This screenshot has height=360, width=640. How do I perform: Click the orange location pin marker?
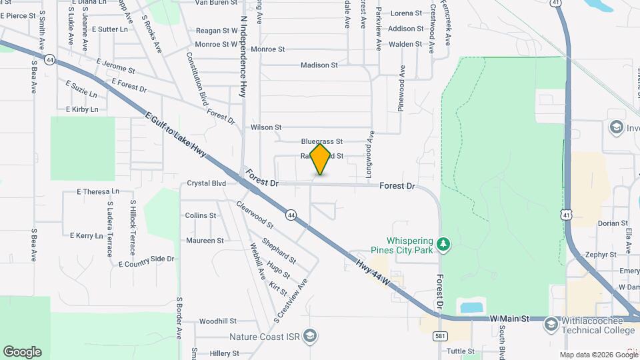pos(321,159)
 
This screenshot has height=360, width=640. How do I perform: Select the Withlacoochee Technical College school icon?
pos(551,324)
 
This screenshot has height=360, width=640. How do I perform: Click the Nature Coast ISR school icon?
pos(309,336)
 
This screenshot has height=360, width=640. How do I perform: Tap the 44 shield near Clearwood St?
pos(291,215)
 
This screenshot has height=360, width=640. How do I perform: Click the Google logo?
pos(22,351)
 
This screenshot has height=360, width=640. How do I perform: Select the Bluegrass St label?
pos(321,141)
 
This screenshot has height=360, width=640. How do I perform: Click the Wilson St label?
pos(266,127)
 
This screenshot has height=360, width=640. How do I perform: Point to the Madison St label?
pos(319,65)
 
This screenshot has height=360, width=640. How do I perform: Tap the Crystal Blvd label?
pos(207,183)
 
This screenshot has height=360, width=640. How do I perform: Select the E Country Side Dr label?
pos(146,261)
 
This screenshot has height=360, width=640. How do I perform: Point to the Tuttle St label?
pos(460,351)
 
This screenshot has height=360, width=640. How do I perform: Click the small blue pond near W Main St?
pos(472,307)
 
